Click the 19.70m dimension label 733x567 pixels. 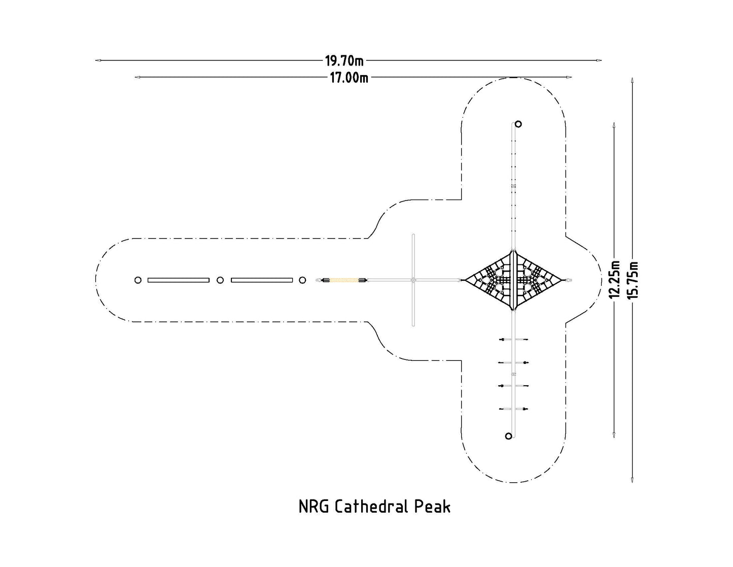[344, 61]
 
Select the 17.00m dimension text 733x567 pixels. [349, 78]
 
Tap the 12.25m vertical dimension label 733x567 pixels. [615, 279]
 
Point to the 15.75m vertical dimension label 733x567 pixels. [632, 280]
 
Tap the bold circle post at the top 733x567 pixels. [518, 124]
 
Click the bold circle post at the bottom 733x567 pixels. [508, 436]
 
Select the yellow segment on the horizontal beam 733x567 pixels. [344, 280]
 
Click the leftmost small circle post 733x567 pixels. [137, 280]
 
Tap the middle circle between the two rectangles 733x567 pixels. [220, 280]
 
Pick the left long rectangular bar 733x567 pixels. [179, 280]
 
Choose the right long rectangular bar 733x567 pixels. [262, 280]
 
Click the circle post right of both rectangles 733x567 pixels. [302, 280]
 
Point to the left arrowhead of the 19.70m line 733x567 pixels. [97, 60]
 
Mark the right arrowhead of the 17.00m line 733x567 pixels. [570, 77]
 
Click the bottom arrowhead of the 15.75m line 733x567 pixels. [632, 480]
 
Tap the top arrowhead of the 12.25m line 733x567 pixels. [614, 124]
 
